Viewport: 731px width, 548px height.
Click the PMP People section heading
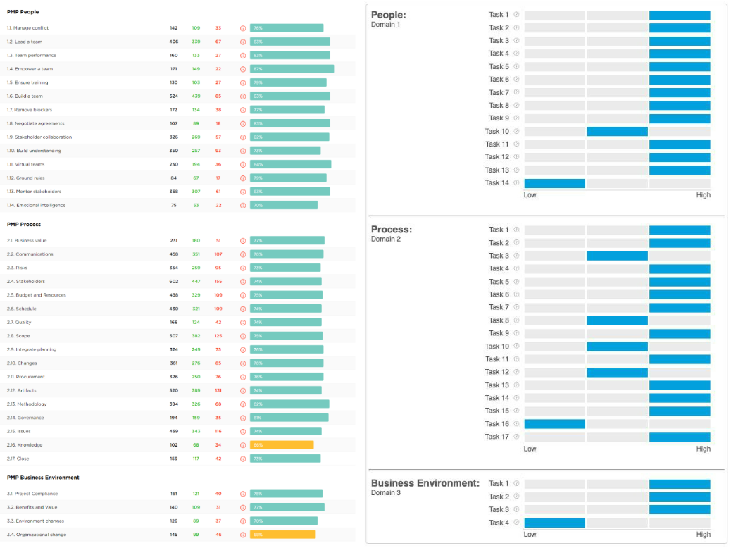(x=23, y=12)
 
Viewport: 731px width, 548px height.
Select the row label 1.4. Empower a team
(x=30, y=69)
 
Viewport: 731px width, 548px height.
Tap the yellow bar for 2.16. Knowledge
(x=282, y=445)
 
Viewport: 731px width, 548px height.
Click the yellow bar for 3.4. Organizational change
(x=282, y=535)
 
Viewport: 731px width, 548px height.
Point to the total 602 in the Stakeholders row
(x=173, y=282)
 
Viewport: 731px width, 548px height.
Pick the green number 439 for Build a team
(x=196, y=96)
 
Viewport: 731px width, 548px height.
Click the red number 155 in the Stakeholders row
(x=218, y=282)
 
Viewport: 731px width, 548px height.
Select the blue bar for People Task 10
(x=617, y=131)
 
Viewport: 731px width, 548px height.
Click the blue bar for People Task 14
(x=555, y=183)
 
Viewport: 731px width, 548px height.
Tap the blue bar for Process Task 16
(x=555, y=424)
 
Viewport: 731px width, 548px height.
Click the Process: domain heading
(x=392, y=230)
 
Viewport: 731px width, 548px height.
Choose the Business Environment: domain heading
(x=425, y=483)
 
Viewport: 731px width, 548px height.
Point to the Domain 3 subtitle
(x=385, y=493)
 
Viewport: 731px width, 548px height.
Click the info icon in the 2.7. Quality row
(x=243, y=323)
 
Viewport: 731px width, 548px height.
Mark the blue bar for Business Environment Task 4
(x=555, y=523)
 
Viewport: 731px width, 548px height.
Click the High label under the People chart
(x=703, y=195)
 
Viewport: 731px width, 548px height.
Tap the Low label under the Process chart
(x=530, y=449)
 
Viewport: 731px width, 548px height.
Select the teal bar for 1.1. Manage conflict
(x=287, y=28)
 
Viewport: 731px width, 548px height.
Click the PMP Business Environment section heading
(x=43, y=478)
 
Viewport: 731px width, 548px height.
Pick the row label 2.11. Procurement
(x=26, y=377)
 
